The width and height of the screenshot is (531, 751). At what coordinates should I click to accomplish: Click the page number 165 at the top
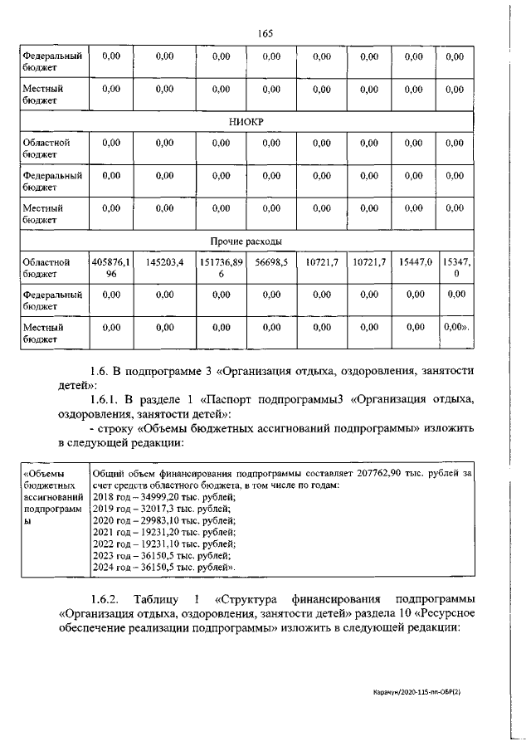coord(265,33)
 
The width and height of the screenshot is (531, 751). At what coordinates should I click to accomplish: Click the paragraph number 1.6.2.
coord(106,598)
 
